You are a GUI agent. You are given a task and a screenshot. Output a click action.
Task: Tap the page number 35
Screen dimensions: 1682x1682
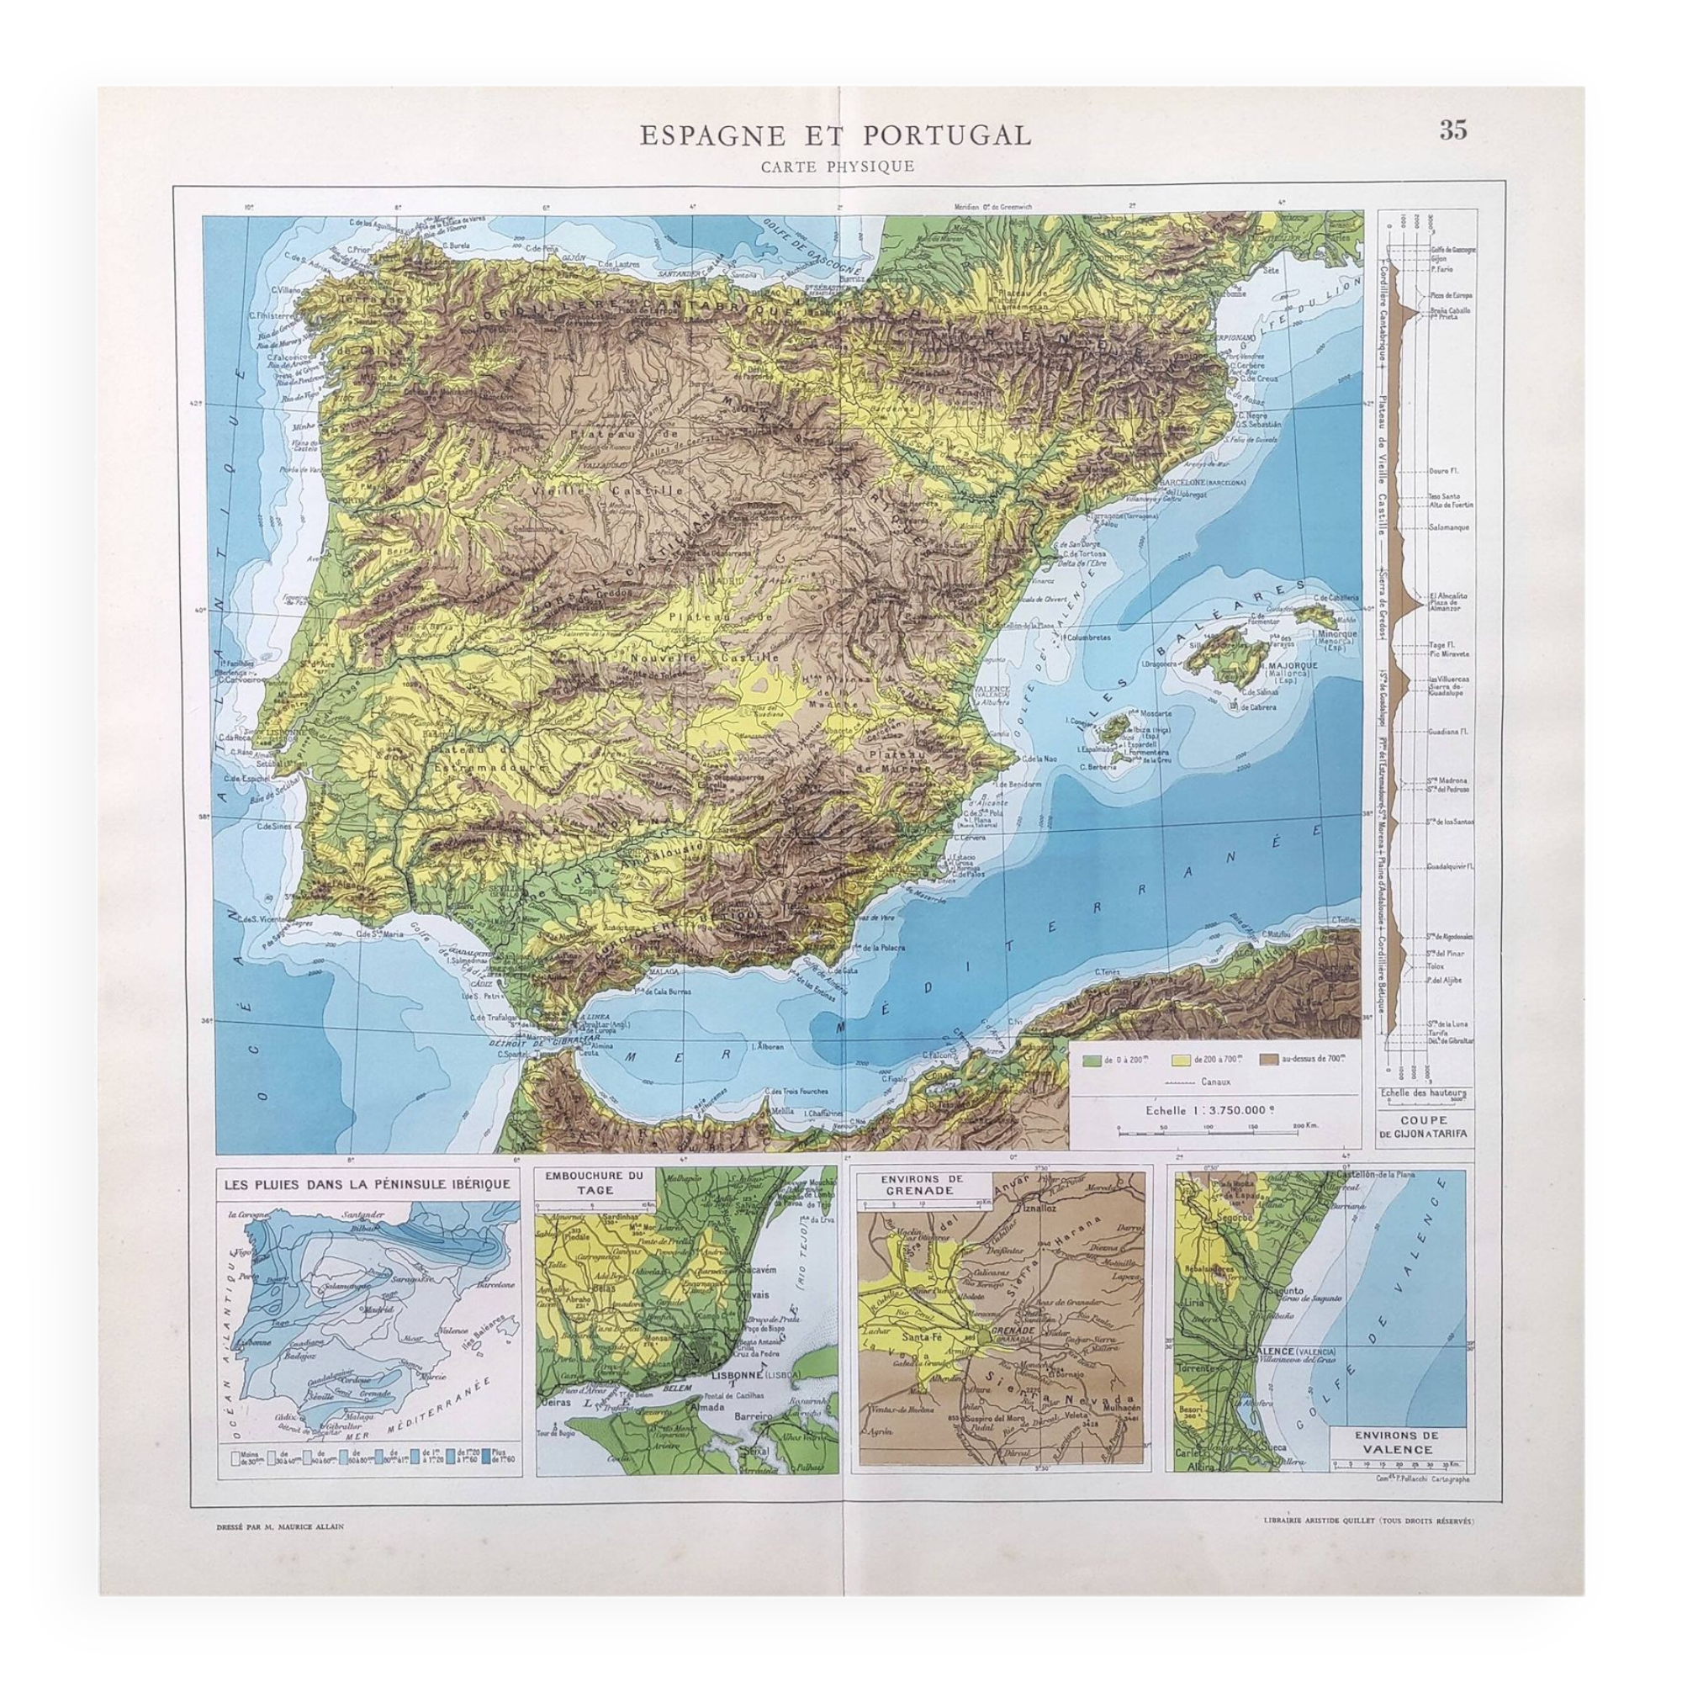[x=1453, y=130]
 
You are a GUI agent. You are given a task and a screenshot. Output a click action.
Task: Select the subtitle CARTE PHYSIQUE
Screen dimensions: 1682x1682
[x=837, y=167]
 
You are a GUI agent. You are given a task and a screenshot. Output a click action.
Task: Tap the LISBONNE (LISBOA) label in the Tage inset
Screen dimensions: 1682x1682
[x=742, y=1375]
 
